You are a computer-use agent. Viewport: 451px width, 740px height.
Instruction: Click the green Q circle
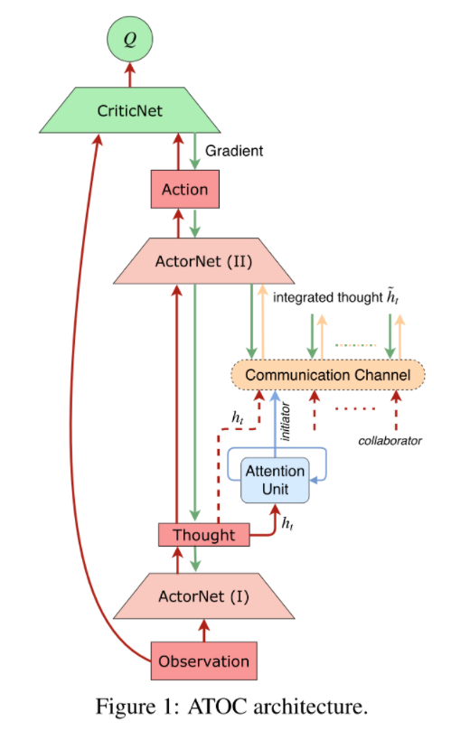130,39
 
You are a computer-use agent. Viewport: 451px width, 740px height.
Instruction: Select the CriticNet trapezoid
130,110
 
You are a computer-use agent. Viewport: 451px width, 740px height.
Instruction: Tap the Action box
185,189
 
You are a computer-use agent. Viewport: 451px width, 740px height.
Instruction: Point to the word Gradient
234,151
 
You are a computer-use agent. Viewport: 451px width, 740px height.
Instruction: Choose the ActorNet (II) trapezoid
204,261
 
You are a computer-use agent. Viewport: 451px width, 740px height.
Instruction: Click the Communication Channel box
328,375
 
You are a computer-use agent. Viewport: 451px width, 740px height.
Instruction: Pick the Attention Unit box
276,480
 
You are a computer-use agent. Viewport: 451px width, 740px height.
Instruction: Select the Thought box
204,535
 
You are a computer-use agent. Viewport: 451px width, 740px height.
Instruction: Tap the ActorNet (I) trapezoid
204,596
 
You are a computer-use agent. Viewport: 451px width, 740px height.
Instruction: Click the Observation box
204,661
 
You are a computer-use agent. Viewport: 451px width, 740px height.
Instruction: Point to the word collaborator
390,441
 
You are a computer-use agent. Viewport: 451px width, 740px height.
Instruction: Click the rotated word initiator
286,421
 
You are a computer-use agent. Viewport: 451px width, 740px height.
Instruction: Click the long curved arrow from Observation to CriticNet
75,401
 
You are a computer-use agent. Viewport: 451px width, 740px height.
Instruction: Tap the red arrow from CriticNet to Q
130,75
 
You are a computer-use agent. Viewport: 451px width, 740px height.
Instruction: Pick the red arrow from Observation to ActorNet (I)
204,631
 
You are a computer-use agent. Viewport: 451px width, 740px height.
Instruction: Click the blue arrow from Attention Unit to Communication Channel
276,424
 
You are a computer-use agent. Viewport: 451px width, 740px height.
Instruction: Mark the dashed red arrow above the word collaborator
396,410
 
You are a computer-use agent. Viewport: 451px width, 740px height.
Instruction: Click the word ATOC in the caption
217,707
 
